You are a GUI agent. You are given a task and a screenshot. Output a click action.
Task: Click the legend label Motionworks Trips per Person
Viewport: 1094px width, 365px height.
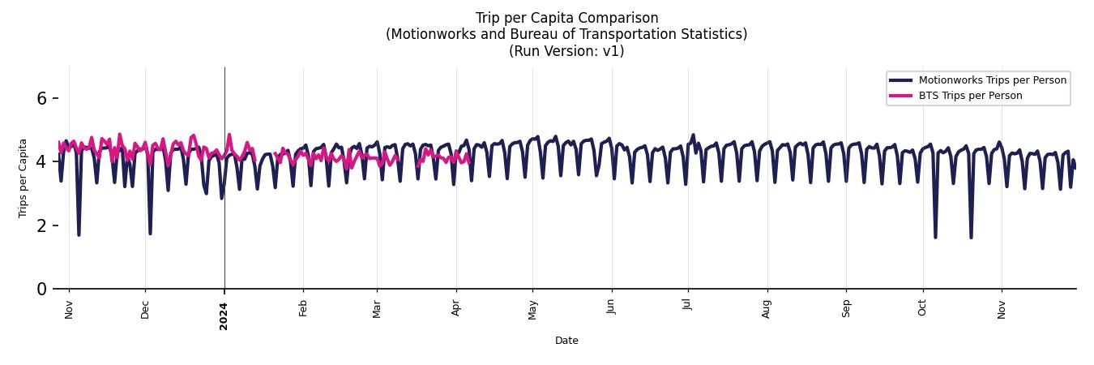coord(992,80)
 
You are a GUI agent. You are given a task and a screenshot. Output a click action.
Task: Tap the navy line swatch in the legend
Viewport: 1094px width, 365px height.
coord(900,80)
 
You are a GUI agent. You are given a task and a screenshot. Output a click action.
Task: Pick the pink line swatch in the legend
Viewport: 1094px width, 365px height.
coord(900,96)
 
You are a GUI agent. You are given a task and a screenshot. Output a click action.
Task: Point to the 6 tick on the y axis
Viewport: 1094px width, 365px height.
coord(42,98)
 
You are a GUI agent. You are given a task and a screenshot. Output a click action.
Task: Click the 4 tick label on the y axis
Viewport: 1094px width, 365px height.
coord(42,162)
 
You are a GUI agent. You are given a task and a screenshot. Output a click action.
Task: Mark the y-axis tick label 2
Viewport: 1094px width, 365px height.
coord(42,225)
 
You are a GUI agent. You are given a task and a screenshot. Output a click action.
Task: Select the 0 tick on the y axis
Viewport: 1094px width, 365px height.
coord(42,289)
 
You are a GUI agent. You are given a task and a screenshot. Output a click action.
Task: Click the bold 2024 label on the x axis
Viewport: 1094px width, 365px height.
coord(224,316)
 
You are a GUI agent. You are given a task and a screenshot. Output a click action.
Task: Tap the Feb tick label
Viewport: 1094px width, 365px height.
coord(303,308)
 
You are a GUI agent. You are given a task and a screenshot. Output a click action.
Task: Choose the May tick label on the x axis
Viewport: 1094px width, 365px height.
coord(532,309)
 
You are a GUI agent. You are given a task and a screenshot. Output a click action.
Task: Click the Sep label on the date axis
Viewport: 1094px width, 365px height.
coord(846,308)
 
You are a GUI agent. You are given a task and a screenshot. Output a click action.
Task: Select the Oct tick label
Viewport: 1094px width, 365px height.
coord(922,307)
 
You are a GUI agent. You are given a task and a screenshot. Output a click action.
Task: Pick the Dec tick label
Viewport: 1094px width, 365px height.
coord(145,309)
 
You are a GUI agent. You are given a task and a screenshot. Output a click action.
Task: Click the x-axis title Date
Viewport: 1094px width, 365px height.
coord(566,341)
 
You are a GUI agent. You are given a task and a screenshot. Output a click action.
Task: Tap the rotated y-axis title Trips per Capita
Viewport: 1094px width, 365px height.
coord(24,178)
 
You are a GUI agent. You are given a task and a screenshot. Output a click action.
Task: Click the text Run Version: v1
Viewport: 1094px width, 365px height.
coord(566,50)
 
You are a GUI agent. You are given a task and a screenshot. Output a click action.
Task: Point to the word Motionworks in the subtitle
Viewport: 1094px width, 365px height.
coord(429,34)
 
